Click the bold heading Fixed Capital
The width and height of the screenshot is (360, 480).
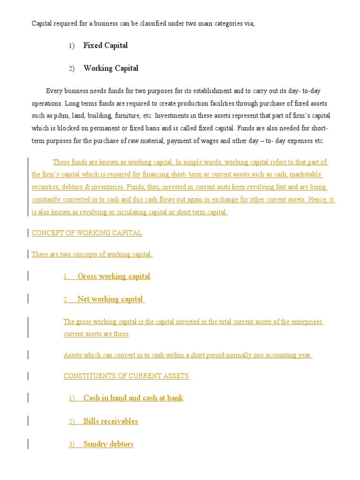[105, 45]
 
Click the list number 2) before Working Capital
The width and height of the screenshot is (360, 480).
[71, 68]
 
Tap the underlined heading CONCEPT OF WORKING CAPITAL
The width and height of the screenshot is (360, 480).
[87, 233]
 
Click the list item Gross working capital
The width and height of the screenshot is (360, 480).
[114, 276]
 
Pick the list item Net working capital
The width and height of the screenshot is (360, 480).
[110, 299]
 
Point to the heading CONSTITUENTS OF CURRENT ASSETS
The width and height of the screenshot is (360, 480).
[126, 376]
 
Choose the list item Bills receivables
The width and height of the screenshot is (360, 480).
[111, 421]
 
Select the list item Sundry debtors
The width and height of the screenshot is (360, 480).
[108, 444]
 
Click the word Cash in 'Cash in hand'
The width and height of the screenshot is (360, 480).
[91, 398]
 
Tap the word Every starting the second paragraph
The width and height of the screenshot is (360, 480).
[54, 90]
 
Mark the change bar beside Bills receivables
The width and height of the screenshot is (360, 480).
[29, 421]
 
